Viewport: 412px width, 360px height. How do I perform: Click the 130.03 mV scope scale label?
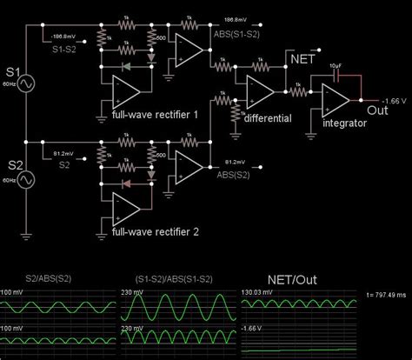tap(258, 294)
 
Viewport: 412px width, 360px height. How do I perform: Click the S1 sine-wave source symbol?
tap(26, 84)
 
